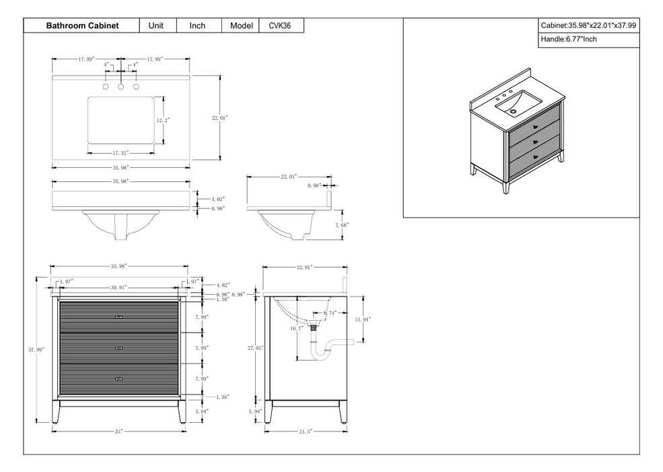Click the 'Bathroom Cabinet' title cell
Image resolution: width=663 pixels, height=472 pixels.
coord(82,26)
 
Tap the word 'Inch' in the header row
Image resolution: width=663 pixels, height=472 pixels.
coord(197,26)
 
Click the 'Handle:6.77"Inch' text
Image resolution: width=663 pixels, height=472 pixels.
coord(569,39)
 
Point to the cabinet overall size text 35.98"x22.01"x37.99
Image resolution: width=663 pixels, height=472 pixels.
coord(588,25)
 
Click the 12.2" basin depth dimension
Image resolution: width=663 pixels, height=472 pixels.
coord(163,120)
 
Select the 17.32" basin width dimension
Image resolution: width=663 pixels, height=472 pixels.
coord(121,152)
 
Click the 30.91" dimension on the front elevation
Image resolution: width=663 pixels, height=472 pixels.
coord(120,288)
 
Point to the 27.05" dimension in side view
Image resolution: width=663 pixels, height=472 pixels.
coord(255,348)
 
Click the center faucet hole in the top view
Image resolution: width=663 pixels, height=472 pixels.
coord(121,87)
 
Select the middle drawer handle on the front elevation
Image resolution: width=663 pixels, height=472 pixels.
coord(119,348)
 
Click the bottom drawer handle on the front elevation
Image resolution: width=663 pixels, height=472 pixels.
coord(119,379)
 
